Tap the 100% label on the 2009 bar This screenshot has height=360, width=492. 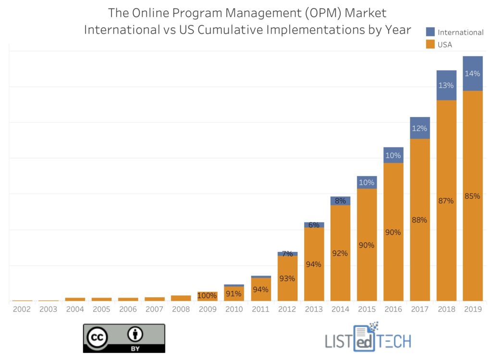(207, 296)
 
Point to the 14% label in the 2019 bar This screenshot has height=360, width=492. (472, 74)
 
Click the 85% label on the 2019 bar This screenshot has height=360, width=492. (472, 196)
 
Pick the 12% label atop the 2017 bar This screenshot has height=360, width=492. (419, 129)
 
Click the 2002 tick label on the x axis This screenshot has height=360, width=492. (22, 309)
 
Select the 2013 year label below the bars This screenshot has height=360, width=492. (313, 309)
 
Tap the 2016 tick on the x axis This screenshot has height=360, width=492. (393, 309)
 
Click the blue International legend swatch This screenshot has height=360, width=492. (430, 32)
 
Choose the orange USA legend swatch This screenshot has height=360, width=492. (430, 45)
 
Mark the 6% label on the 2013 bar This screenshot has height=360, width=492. (314, 225)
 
